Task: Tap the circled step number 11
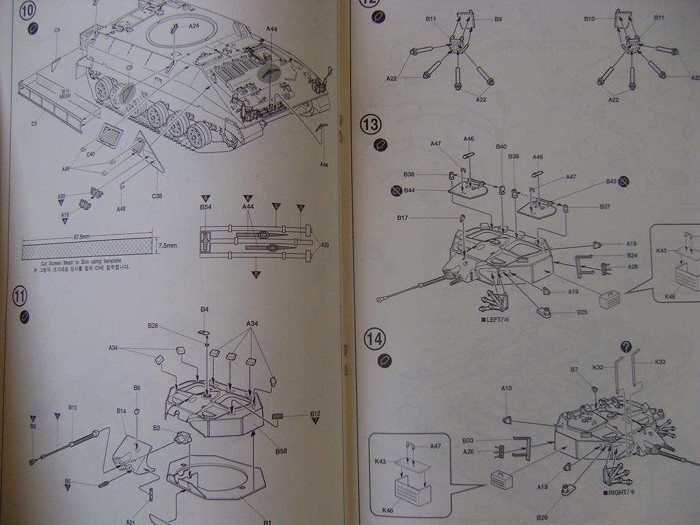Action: [20, 296]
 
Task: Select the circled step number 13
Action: [371, 124]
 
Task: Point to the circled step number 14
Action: [375, 338]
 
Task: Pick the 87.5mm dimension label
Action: [82, 237]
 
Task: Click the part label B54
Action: [205, 206]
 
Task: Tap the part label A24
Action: [194, 26]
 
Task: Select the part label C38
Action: [157, 196]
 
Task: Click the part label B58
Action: [281, 451]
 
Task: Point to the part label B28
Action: [152, 326]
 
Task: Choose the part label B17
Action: [403, 218]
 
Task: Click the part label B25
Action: [582, 312]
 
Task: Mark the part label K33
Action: [660, 361]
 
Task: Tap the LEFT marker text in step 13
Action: [496, 319]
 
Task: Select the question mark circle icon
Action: [625, 347]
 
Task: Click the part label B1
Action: [268, 522]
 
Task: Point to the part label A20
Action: [325, 245]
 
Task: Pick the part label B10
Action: [589, 19]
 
